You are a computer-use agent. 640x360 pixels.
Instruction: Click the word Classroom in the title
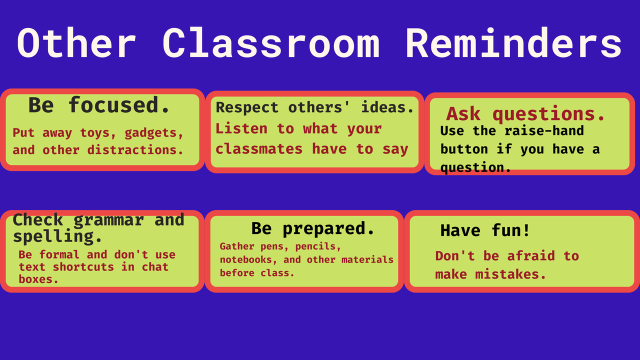click(x=271, y=43)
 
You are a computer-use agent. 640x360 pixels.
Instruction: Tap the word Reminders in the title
click(x=513, y=43)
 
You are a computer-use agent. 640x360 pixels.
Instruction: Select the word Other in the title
click(x=76, y=43)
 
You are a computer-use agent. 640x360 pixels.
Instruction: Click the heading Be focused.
click(x=99, y=105)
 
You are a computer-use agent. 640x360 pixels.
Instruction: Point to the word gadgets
click(x=153, y=133)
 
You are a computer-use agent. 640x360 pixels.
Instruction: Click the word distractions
click(x=135, y=150)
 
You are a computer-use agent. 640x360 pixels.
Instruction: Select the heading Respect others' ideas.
click(x=315, y=107)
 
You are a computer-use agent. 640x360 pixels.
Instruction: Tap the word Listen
click(x=241, y=128)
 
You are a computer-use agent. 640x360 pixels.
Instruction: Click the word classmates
click(x=259, y=149)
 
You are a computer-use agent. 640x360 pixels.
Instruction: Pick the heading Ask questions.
click(x=525, y=114)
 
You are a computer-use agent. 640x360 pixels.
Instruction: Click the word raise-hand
click(x=544, y=131)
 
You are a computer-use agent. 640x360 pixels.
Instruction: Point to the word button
click(x=464, y=149)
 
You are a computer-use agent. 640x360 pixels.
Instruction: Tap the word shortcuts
click(x=83, y=267)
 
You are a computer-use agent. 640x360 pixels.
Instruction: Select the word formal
click(x=59, y=254)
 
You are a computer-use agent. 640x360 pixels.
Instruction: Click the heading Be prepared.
click(x=313, y=229)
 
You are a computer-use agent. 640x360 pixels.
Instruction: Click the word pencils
click(x=318, y=246)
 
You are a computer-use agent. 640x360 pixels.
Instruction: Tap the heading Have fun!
click(x=485, y=230)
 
